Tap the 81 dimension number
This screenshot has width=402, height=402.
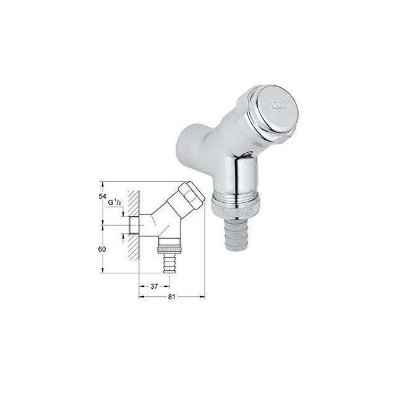click(x=173, y=297)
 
